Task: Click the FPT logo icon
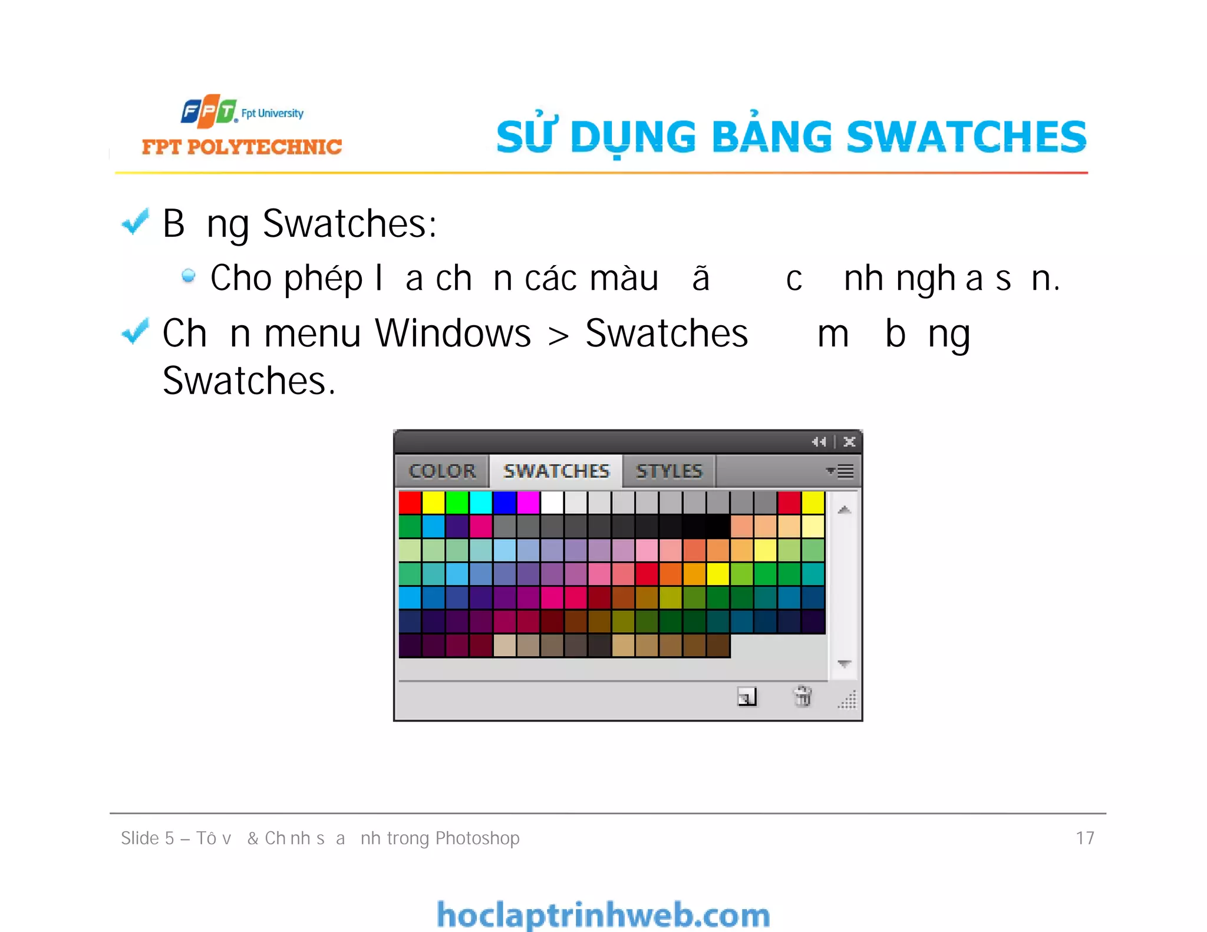(209, 111)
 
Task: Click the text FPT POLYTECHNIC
(242, 147)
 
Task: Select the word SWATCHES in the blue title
(966, 137)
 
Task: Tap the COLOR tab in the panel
(442, 471)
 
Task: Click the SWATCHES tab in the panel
(556, 471)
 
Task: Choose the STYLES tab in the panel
(669, 471)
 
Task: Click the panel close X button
(849, 441)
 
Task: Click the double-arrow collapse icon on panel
(819, 441)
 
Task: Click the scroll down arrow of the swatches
(844, 663)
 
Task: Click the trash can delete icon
(802, 696)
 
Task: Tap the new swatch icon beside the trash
(747, 697)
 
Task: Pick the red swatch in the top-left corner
(410, 503)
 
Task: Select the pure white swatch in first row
(552, 503)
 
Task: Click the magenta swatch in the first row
(528, 503)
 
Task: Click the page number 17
(1085, 838)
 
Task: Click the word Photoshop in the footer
(477, 838)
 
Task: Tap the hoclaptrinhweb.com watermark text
(603, 915)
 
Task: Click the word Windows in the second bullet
(453, 333)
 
